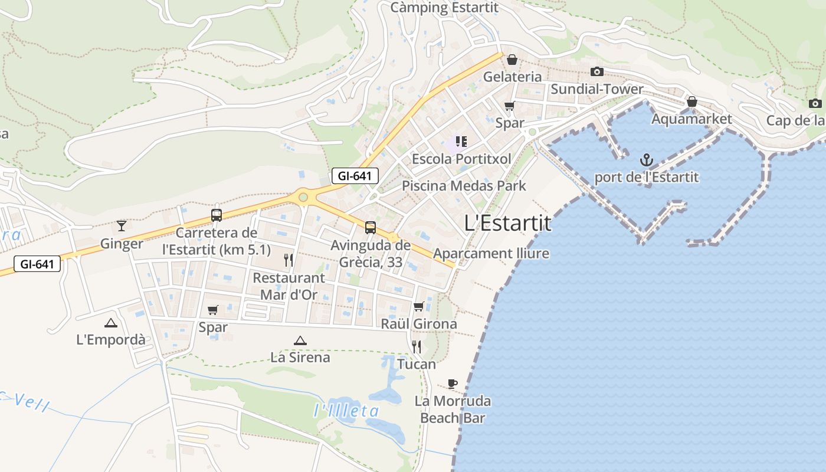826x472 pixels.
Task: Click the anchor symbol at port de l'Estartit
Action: pyautogui.click(x=647, y=160)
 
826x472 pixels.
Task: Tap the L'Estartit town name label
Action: pyautogui.click(x=507, y=224)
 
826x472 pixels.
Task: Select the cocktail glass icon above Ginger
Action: pyautogui.click(x=122, y=225)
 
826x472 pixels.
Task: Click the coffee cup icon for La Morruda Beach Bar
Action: pyautogui.click(x=453, y=384)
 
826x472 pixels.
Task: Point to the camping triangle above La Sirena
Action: pyautogui.click(x=300, y=340)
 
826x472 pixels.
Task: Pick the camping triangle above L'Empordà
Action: pyautogui.click(x=110, y=323)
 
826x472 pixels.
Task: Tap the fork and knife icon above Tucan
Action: pyautogui.click(x=417, y=346)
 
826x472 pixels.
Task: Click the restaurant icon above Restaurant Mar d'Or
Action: pyautogui.click(x=289, y=260)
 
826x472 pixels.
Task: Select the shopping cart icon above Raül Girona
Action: pyautogui.click(x=419, y=306)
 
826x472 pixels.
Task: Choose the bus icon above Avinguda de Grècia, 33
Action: pyautogui.click(x=370, y=227)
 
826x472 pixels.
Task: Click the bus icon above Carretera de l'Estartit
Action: pyautogui.click(x=217, y=215)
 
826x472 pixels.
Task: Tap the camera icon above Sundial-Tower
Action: pyautogui.click(x=597, y=71)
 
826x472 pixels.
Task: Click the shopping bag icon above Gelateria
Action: pyautogui.click(x=512, y=59)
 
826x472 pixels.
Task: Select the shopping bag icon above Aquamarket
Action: pyautogui.click(x=692, y=102)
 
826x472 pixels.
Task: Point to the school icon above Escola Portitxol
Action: pyautogui.click(x=461, y=142)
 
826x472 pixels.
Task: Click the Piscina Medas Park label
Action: pyautogui.click(x=464, y=186)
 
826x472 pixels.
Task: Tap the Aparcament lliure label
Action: pyautogui.click(x=491, y=254)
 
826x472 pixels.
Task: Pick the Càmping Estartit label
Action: pyautogui.click(x=445, y=8)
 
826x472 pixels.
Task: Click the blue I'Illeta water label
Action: pyautogui.click(x=346, y=411)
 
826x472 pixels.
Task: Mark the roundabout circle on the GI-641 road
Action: pyautogui.click(x=303, y=197)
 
